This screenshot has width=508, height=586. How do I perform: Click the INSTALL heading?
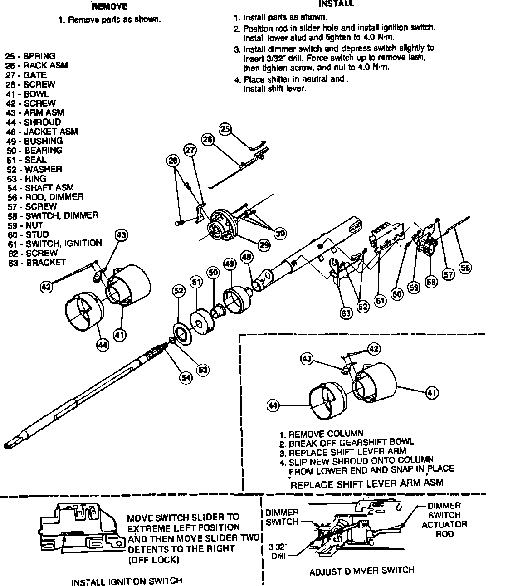tap(337, 4)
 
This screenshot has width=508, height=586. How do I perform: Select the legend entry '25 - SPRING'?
tap(30, 56)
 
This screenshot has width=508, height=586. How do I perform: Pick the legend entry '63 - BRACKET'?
tap(37, 262)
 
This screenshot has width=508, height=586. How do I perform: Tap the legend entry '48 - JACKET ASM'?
tap(42, 132)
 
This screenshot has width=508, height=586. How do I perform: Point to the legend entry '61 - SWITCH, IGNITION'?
tap(55, 243)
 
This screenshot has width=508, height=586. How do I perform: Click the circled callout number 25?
tap(225, 129)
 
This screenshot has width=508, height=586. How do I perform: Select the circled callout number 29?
tap(264, 244)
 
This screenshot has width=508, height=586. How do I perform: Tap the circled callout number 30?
tap(280, 233)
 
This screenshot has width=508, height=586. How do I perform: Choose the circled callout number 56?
tap(465, 268)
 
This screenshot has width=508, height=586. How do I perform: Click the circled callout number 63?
tap(347, 313)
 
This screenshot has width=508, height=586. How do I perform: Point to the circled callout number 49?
tap(230, 264)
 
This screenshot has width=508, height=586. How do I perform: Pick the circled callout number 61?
tap(380, 300)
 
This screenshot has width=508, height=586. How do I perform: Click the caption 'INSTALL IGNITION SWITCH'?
tap(127, 581)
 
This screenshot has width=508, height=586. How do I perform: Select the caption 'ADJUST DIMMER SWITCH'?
tap(362, 571)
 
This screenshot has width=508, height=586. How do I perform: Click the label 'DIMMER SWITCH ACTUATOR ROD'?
tap(444, 519)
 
